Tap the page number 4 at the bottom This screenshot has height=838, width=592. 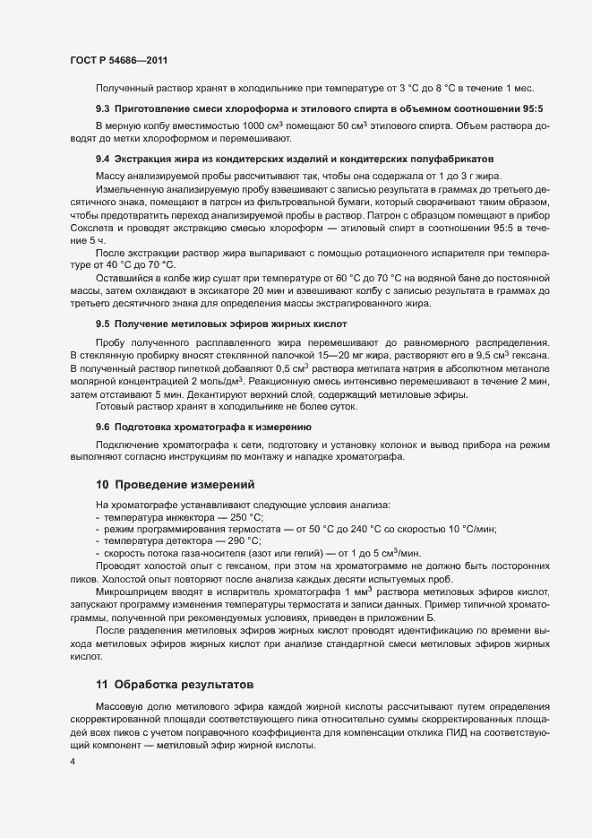coord(73,762)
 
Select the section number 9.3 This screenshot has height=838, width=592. coord(103,108)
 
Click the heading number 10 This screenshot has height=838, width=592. coord(102,484)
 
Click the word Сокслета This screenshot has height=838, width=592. coord(91,229)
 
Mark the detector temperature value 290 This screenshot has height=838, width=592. coord(237,541)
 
